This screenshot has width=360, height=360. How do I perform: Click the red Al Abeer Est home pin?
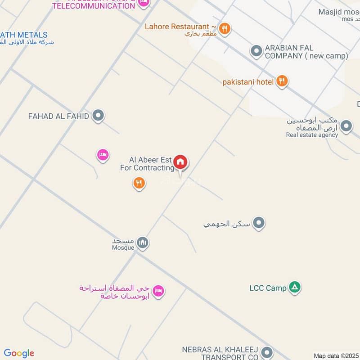pos(180,162)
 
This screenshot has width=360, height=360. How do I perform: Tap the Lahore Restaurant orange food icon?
pos(225,28)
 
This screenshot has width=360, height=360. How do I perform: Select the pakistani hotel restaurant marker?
pos(282,81)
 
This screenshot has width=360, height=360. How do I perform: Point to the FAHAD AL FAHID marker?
pos(98,116)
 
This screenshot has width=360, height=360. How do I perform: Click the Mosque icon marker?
pos(143,243)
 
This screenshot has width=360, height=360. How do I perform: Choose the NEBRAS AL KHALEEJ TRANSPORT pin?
pos(267,352)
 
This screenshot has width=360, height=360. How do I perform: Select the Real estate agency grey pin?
pos(346,126)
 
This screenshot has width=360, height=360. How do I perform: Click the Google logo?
pos(19,353)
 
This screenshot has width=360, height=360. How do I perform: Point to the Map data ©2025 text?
pos(336,356)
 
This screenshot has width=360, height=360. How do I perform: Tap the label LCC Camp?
pos(268,288)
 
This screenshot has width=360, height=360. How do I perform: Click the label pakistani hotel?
pos(248,82)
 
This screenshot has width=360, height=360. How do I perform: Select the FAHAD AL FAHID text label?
pos(58,116)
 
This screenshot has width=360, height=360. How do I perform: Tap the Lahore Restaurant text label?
pos(177,27)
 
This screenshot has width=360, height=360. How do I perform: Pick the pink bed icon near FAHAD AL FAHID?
pos(103,155)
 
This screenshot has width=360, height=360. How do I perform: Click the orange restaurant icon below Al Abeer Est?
pos(139,183)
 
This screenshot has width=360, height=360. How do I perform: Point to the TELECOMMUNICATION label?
pos(94,6)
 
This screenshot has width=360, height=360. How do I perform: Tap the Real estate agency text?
pos(312,135)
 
